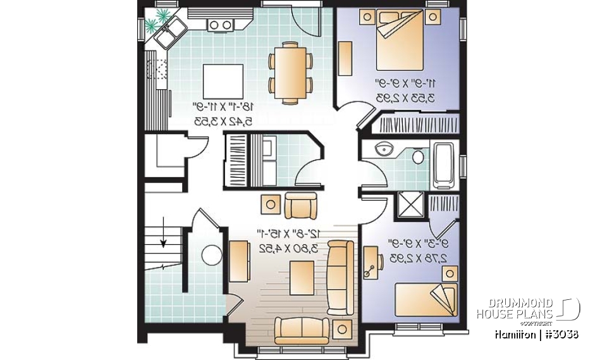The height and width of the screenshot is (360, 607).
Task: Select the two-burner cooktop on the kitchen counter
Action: tap(220, 25)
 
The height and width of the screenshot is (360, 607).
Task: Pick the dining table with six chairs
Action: tap(291, 72)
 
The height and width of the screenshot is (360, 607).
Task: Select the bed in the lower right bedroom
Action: tap(425, 298)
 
